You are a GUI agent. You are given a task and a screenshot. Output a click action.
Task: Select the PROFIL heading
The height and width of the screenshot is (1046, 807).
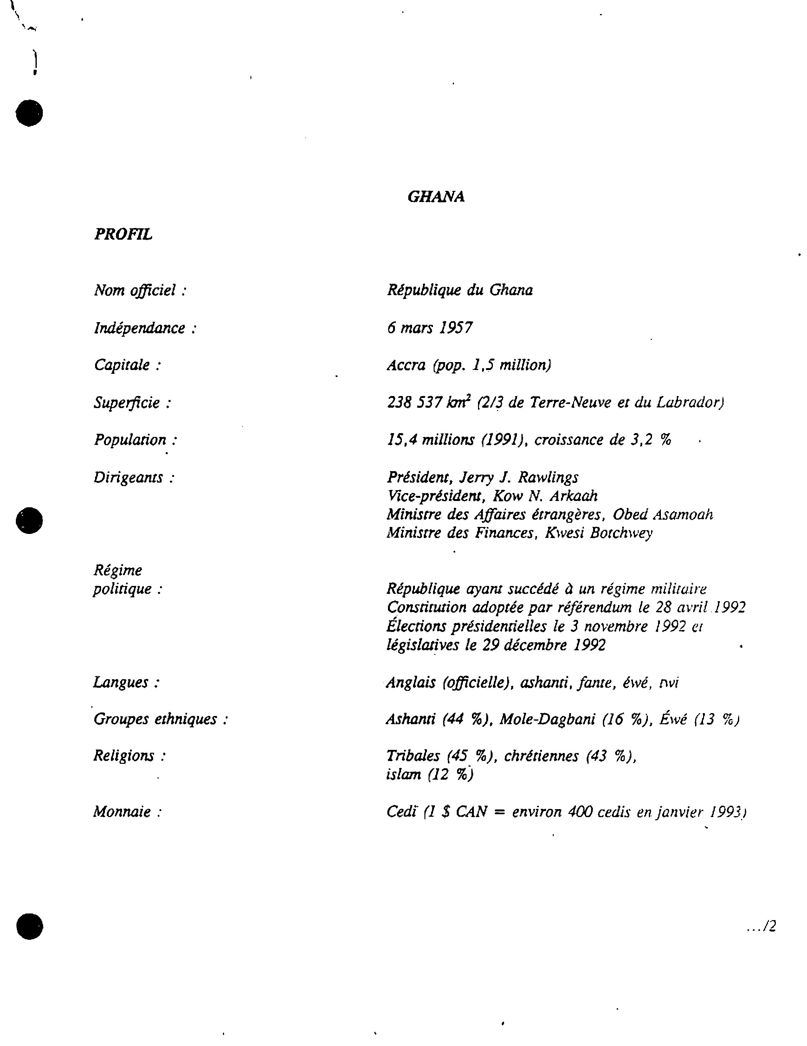click(123, 234)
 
